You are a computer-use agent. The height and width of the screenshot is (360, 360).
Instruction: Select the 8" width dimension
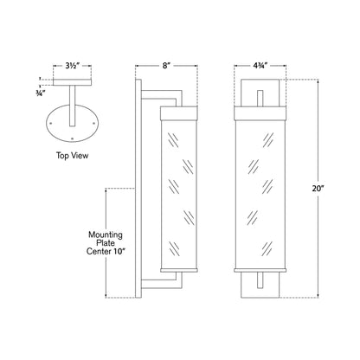[x=160, y=65]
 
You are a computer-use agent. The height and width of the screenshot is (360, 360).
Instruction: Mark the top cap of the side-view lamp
[x=177, y=109]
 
